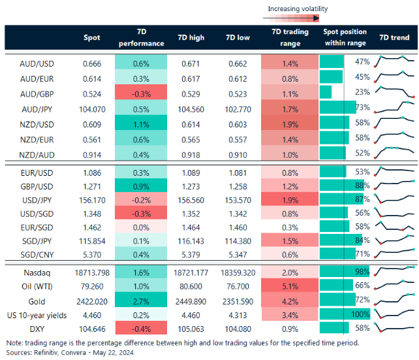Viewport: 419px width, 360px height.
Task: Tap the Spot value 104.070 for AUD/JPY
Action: coord(91,107)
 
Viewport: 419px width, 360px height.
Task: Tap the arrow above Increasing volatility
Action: coord(297,17)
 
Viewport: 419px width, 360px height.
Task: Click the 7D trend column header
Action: coord(394,38)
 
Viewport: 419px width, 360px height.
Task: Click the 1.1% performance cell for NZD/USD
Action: coord(140,123)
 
